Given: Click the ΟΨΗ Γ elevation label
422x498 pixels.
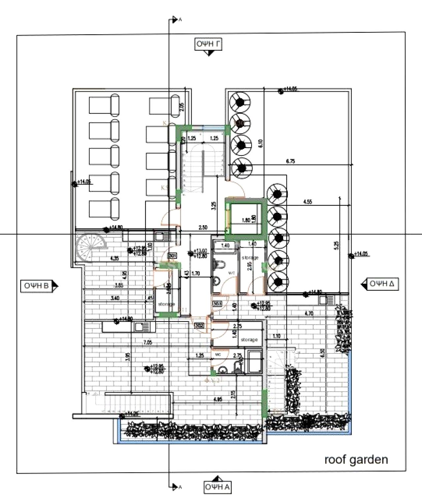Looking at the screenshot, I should coord(208,44).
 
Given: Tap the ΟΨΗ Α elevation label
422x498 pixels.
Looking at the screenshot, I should coord(217,487).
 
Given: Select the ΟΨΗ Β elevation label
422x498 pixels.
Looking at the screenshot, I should coord(36,286).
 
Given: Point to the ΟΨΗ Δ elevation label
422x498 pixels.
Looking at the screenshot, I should coord(382,284).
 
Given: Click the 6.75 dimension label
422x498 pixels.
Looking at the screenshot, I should coord(290,161).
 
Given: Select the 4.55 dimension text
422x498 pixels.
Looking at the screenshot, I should coord(307,202).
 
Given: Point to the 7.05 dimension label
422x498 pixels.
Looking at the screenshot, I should coord(148,343).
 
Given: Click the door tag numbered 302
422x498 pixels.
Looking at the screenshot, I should coord(200,326).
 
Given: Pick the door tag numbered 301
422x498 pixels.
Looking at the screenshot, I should coord(172,255).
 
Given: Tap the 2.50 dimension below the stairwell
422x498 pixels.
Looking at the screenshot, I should coord(203,227).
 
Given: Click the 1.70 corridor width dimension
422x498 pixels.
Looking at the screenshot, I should coord(195,273).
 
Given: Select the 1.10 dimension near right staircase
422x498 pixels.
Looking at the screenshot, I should coord(276,336).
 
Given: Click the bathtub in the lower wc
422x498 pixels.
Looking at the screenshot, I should coord(255,362).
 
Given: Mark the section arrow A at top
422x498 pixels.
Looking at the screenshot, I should coord(175,20).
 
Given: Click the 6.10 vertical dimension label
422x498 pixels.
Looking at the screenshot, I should coord(260,143).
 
